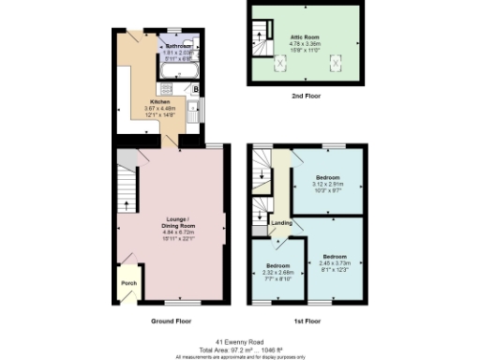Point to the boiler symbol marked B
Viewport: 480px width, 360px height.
pos(195,90)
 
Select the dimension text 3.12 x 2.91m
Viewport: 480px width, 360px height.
pos(327,184)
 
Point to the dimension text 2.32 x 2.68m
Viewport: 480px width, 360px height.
pos(277,273)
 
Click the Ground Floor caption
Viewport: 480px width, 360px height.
pos(171,321)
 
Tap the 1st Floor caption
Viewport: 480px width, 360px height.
pos(307,321)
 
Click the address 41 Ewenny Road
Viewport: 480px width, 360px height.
pos(239,341)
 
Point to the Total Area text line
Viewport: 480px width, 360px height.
pos(239,349)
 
